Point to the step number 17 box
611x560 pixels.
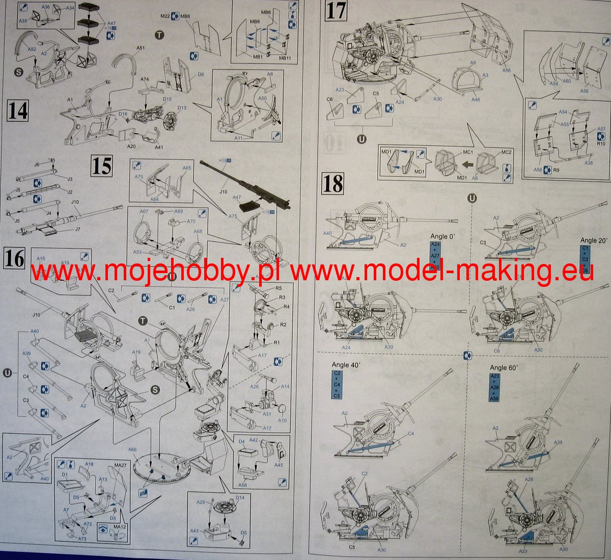click(x=336, y=11)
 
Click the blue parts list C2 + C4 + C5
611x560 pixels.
click(x=337, y=384)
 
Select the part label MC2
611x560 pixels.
click(x=506, y=152)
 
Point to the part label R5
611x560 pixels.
click(x=279, y=288)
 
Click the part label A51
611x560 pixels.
click(x=141, y=48)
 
